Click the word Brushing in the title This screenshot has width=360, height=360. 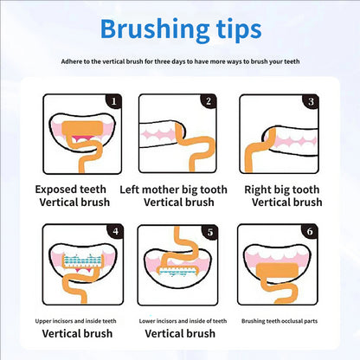[152, 29]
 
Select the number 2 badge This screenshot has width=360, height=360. [208, 102]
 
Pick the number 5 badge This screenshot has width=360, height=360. [208, 232]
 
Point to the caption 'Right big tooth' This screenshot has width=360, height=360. [280, 190]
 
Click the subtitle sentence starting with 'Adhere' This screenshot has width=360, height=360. [180, 62]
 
